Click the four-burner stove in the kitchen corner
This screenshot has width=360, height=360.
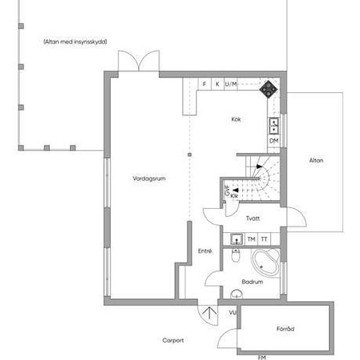(268, 88)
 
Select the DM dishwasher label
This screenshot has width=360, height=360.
(274, 141)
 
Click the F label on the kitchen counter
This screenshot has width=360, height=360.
(204, 84)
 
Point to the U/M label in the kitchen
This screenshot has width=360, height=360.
(230, 84)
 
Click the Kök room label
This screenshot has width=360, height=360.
(236, 119)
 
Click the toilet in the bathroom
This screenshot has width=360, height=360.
(237, 254)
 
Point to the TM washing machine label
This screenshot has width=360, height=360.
(251, 239)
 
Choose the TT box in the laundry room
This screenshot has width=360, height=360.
(264, 239)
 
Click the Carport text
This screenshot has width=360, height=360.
(173, 340)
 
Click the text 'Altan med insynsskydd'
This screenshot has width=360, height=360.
(75, 41)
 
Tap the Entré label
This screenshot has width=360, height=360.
(204, 251)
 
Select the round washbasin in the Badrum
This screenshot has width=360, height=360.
(236, 293)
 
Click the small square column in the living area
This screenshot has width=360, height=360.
(189, 154)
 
